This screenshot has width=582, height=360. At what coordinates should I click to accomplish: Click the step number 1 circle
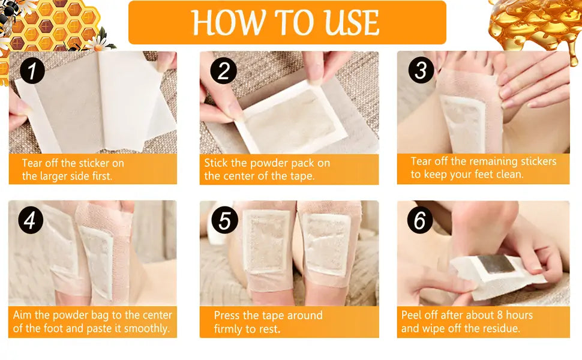32,71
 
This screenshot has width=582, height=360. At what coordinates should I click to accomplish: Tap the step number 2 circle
223,71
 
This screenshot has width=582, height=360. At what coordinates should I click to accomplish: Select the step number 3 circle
421,70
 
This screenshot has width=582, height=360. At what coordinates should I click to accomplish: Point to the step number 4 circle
31,220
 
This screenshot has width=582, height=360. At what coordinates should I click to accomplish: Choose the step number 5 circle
224,220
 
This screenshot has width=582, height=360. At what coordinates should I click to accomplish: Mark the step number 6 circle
420,220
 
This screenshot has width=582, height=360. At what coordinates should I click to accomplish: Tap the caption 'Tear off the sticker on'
73,163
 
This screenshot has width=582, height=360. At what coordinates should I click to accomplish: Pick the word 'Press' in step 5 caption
227,316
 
